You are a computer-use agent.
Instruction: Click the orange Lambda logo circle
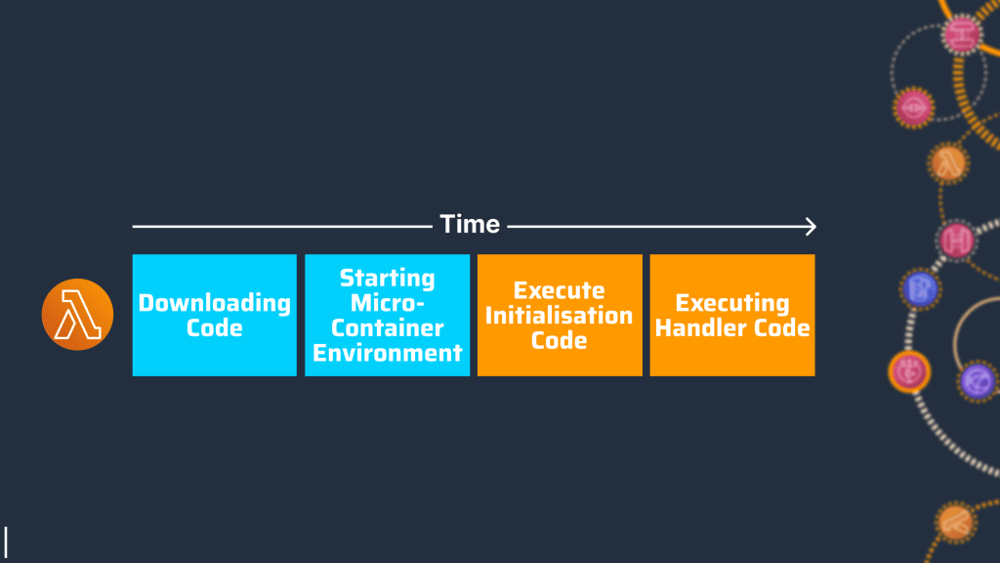click(x=77, y=315)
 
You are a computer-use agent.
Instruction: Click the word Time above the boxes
click(x=470, y=224)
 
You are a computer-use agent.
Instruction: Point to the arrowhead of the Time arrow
click(x=810, y=227)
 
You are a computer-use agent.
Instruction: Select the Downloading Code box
click(x=214, y=315)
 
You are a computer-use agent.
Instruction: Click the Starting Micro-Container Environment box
click(x=387, y=315)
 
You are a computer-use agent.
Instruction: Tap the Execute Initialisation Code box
click(x=560, y=315)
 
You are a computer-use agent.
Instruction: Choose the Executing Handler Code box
click(x=731, y=315)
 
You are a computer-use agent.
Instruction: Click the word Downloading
click(x=214, y=302)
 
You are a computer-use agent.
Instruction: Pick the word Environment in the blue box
click(x=387, y=352)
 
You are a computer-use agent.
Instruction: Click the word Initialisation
click(x=560, y=316)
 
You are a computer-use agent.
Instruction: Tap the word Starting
click(x=387, y=278)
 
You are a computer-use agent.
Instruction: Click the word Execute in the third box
click(x=560, y=290)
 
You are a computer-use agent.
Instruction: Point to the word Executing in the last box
click(x=731, y=302)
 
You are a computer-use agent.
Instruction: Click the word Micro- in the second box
click(x=387, y=303)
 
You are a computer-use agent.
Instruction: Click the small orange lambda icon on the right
click(x=947, y=162)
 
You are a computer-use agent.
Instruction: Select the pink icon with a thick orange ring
click(x=908, y=371)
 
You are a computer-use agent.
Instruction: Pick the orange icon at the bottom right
click(x=954, y=522)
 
